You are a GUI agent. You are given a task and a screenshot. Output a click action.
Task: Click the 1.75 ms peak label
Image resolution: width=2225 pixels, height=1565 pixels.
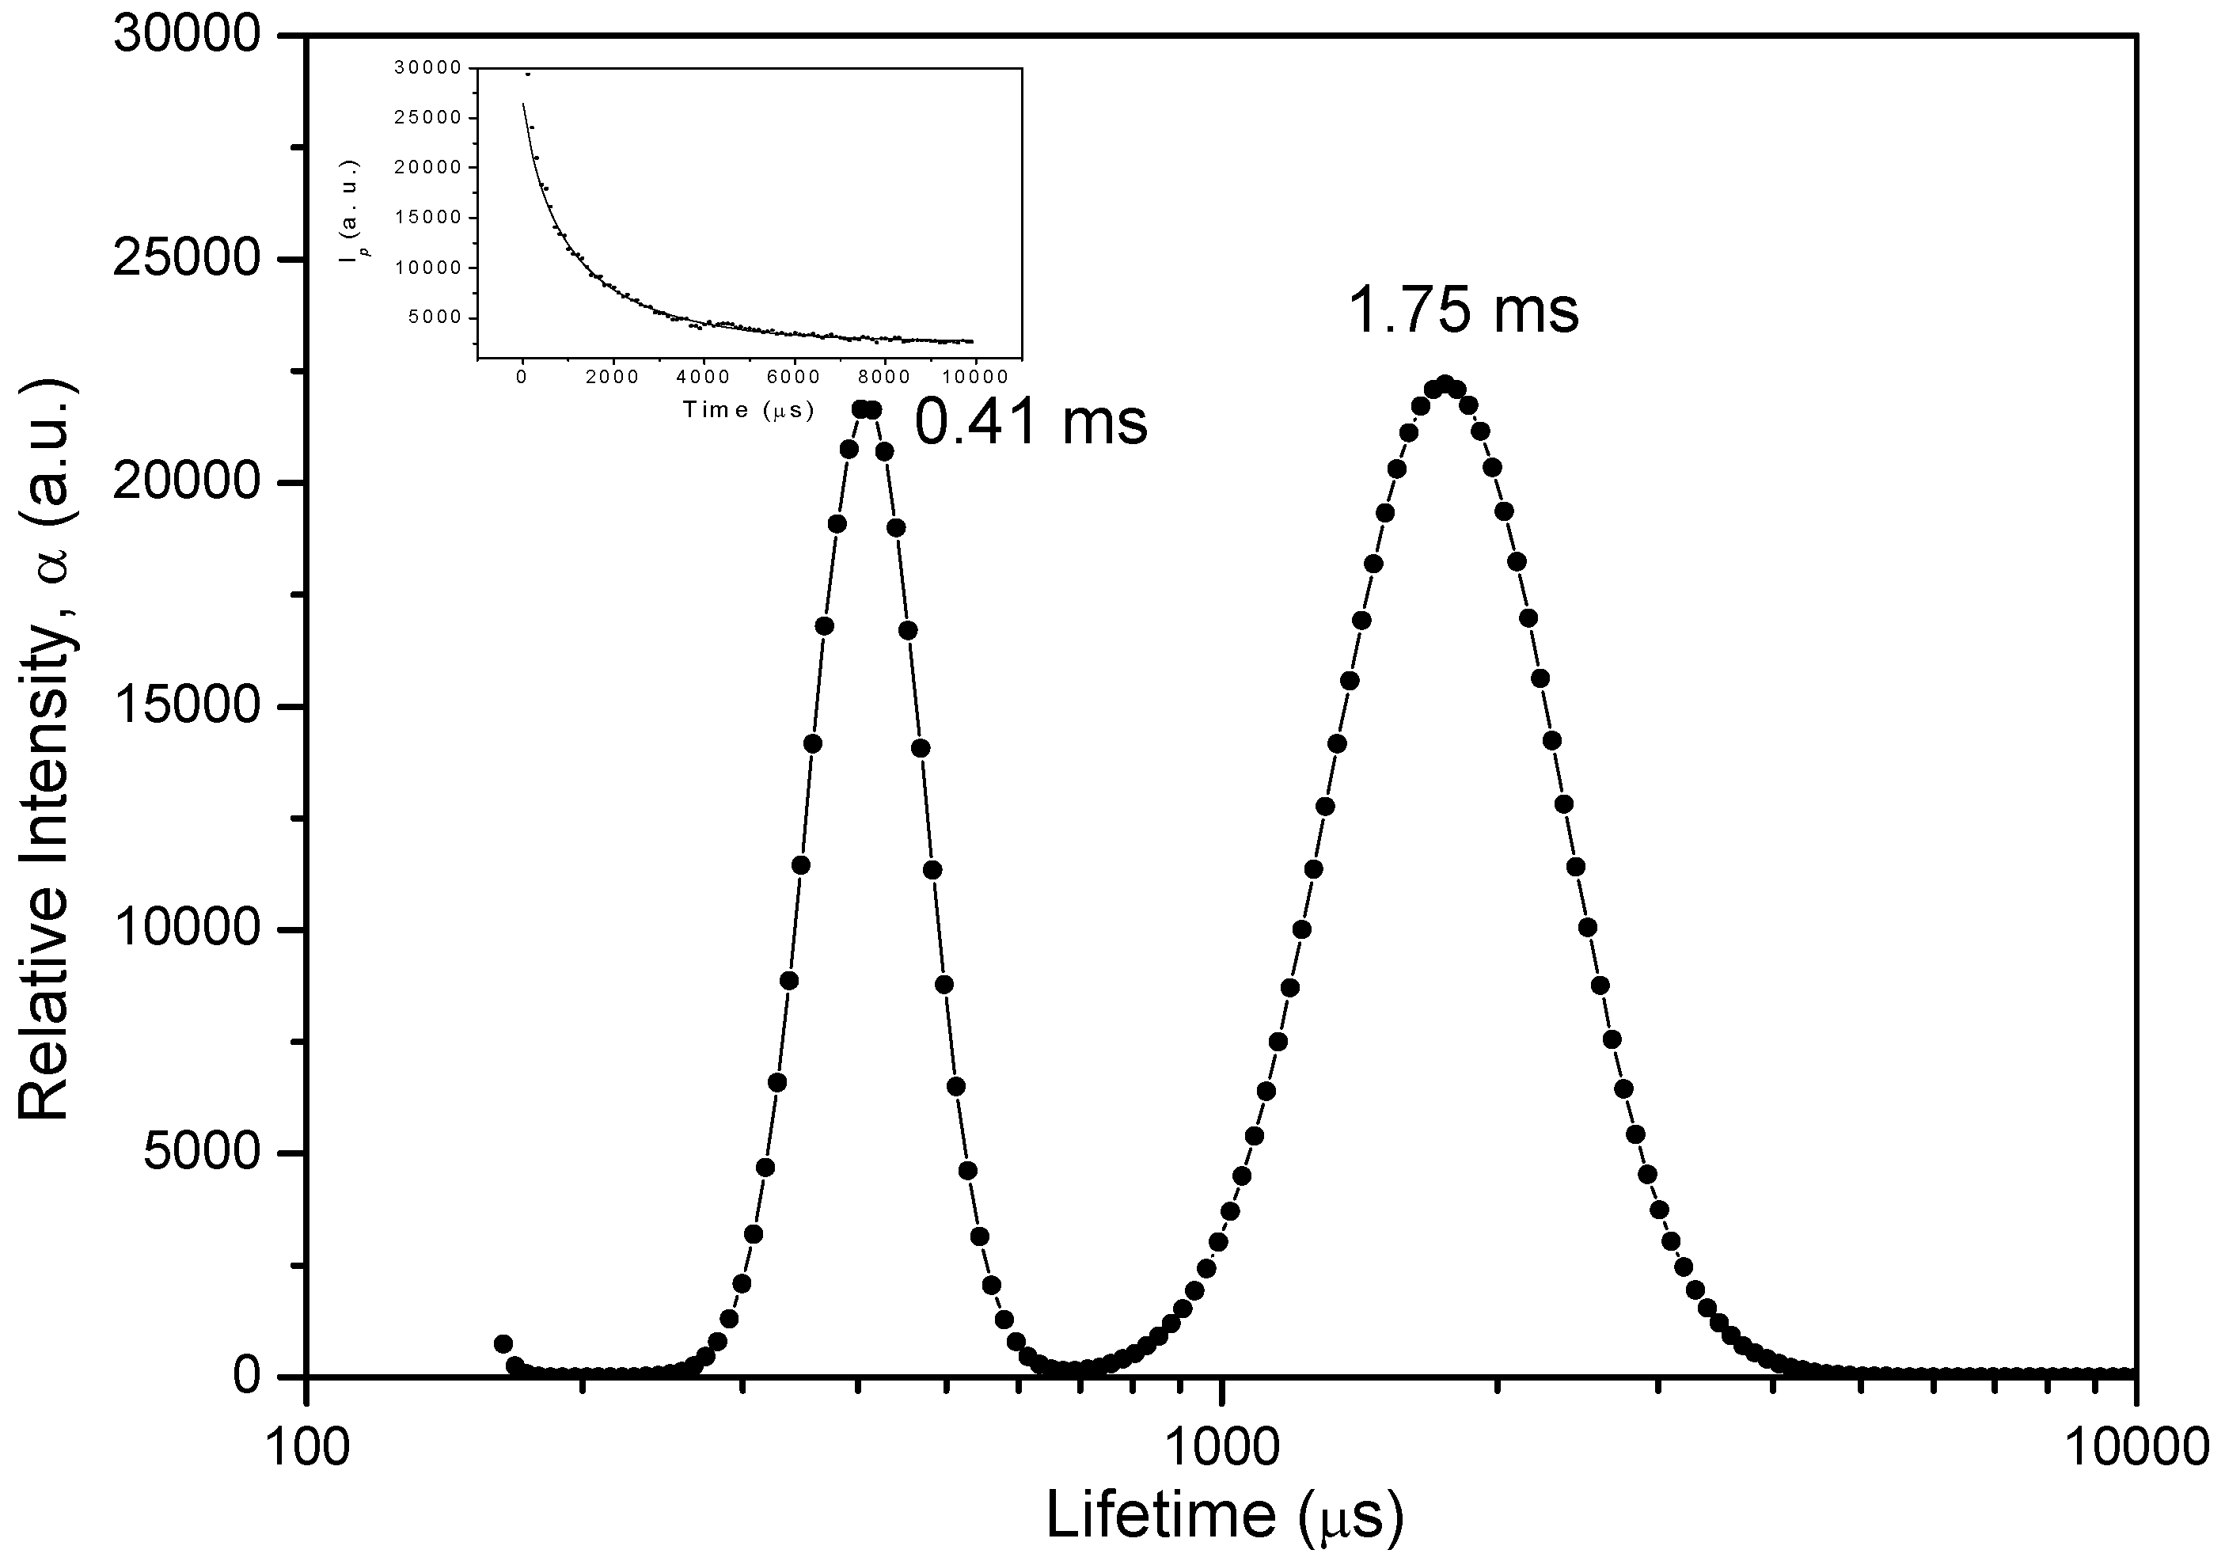coord(1464,311)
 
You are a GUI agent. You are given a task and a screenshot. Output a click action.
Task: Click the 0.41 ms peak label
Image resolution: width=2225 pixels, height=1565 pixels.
coord(1031,423)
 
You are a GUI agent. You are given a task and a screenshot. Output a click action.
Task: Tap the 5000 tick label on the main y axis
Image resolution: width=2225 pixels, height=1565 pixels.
coord(202,1153)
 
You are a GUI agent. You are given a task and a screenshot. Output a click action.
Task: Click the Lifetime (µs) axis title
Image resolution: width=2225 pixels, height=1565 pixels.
coord(1224,1514)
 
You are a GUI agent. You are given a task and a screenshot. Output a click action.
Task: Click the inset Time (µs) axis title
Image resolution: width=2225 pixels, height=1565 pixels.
coord(748,409)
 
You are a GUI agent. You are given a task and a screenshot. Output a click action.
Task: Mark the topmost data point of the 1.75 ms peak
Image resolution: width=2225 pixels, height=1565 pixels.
coord(1445,385)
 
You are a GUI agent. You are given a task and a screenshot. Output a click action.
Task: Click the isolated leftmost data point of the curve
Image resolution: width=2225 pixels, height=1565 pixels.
coord(503,1344)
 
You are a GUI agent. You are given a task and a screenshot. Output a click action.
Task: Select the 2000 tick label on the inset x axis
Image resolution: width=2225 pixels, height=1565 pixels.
coord(612,378)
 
